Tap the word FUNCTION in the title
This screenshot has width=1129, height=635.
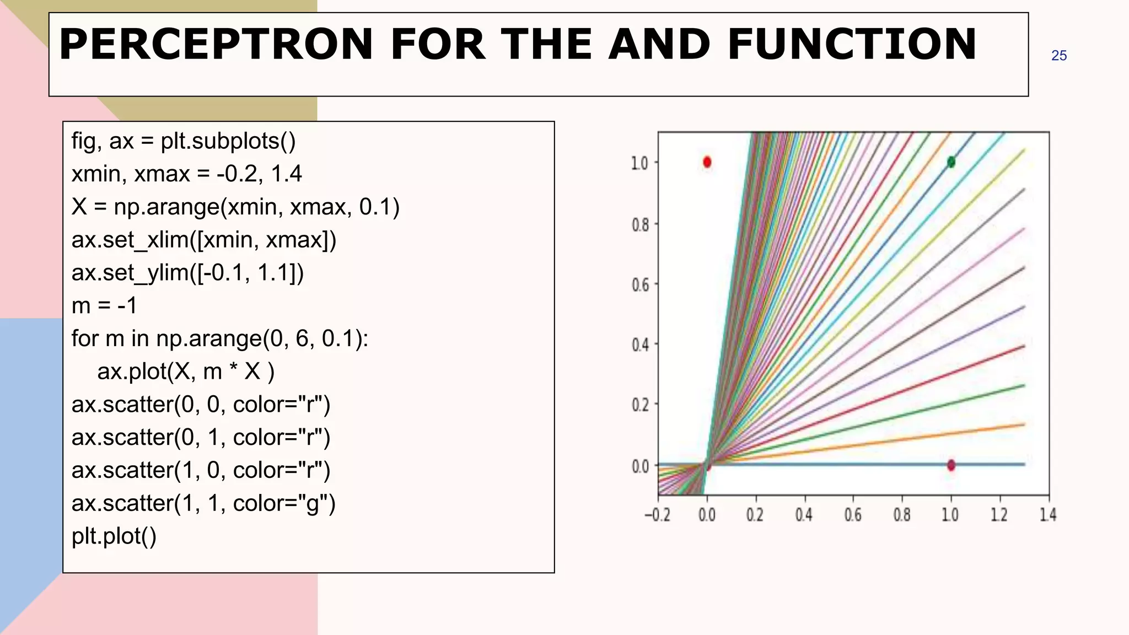click(x=852, y=44)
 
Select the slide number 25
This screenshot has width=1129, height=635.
click(x=1058, y=56)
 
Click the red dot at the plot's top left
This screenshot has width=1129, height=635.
click(x=707, y=162)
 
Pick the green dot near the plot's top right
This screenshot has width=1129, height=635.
click(x=951, y=162)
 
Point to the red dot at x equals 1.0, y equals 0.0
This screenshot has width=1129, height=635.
click(x=951, y=465)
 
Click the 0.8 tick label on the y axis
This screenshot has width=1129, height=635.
click(x=640, y=225)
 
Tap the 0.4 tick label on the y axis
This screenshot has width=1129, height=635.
click(x=640, y=346)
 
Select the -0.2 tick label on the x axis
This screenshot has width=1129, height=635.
click(x=657, y=515)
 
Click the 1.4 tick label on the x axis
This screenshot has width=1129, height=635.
click(x=1047, y=515)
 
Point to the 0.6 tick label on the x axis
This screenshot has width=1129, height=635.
click(x=852, y=515)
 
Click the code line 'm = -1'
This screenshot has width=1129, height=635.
click(x=104, y=305)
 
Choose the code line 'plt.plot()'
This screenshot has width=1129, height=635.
click(x=114, y=536)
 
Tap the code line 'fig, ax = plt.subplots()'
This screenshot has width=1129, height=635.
click(x=184, y=141)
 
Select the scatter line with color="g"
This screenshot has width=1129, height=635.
click(x=203, y=503)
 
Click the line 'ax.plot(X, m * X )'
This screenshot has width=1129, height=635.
click(x=186, y=372)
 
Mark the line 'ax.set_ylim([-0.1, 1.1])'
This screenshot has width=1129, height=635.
click(x=187, y=273)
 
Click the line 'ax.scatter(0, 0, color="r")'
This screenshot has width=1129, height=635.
click(x=201, y=404)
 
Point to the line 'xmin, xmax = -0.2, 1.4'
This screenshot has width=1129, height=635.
click(x=186, y=174)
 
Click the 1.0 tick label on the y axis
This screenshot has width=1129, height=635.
click(x=640, y=164)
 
